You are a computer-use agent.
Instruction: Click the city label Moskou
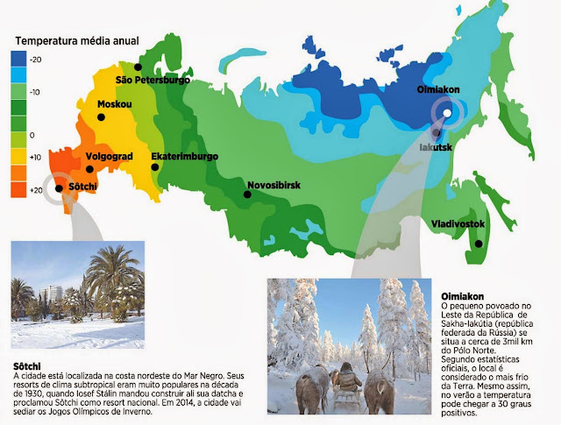(115, 104)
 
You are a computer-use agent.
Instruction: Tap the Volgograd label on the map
(109, 157)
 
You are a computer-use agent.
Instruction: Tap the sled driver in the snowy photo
(349, 382)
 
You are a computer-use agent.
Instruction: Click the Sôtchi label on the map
(85, 188)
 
